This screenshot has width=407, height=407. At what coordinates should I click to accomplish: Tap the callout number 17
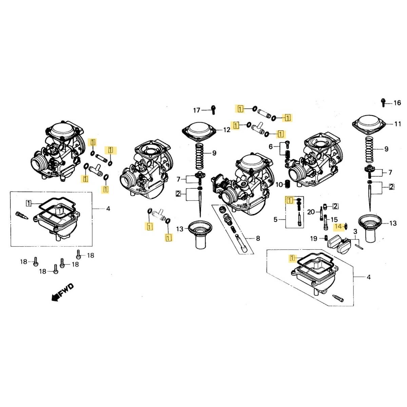pyautogui.click(x=196, y=110)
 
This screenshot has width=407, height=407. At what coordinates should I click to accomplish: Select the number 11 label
pyautogui.click(x=398, y=124)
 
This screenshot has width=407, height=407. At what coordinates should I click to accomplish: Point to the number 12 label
pyautogui.click(x=227, y=130)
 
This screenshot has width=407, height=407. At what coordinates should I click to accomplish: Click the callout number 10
pyautogui.click(x=279, y=185)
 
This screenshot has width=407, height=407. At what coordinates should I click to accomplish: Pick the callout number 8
pyautogui.click(x=258, y=238)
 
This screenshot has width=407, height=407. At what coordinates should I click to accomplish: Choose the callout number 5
pyautogui.click(x=275, y=219)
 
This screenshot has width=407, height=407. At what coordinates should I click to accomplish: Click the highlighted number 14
pyautogui.click(x=338, y=227)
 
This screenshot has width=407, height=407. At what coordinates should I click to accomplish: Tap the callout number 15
pyautogui.click(x=334, y=219)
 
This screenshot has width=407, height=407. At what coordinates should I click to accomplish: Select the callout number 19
pyautogui.click(x=314, y=239)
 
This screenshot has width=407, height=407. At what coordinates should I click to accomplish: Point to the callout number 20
pyautogui.click(x=311, y=212)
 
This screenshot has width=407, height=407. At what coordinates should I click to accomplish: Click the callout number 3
pyautogui.click(x=355, y=232)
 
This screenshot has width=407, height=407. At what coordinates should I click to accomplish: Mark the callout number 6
pyautogui.click(x=271, y=147)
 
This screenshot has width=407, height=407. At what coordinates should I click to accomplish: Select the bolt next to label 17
pyautogui.click(x=213, y=110)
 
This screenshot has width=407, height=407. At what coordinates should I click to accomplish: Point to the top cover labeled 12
pyautogui.click(x=199, y=131)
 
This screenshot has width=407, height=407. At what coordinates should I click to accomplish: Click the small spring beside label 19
pyautogui.click(x=326, y=238)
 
